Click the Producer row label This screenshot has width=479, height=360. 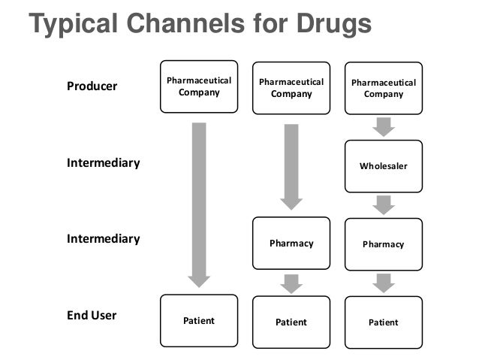click(92, 86)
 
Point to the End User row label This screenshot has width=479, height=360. click(92, 315)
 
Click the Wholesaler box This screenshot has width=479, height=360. click(383, 165)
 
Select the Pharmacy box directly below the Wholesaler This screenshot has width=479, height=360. click(383, 244)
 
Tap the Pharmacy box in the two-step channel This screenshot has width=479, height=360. click(291, 244)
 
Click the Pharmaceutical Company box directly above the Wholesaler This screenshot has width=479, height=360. click(383, 88)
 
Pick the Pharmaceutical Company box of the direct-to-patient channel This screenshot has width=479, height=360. click(199, 86)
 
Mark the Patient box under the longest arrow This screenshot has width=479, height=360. click(199, 321)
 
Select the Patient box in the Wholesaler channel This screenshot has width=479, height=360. click(383, 322)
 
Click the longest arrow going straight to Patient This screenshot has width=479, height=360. click(199, 203)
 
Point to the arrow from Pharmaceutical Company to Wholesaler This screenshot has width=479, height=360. click(383, 126)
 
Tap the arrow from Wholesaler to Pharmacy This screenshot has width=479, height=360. click(383, 204)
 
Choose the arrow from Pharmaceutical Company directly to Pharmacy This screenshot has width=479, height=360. click(291, 165)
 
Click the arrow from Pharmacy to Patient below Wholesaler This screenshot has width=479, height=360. click(383, 283)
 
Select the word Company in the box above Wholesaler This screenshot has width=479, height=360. click(383, 95)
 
